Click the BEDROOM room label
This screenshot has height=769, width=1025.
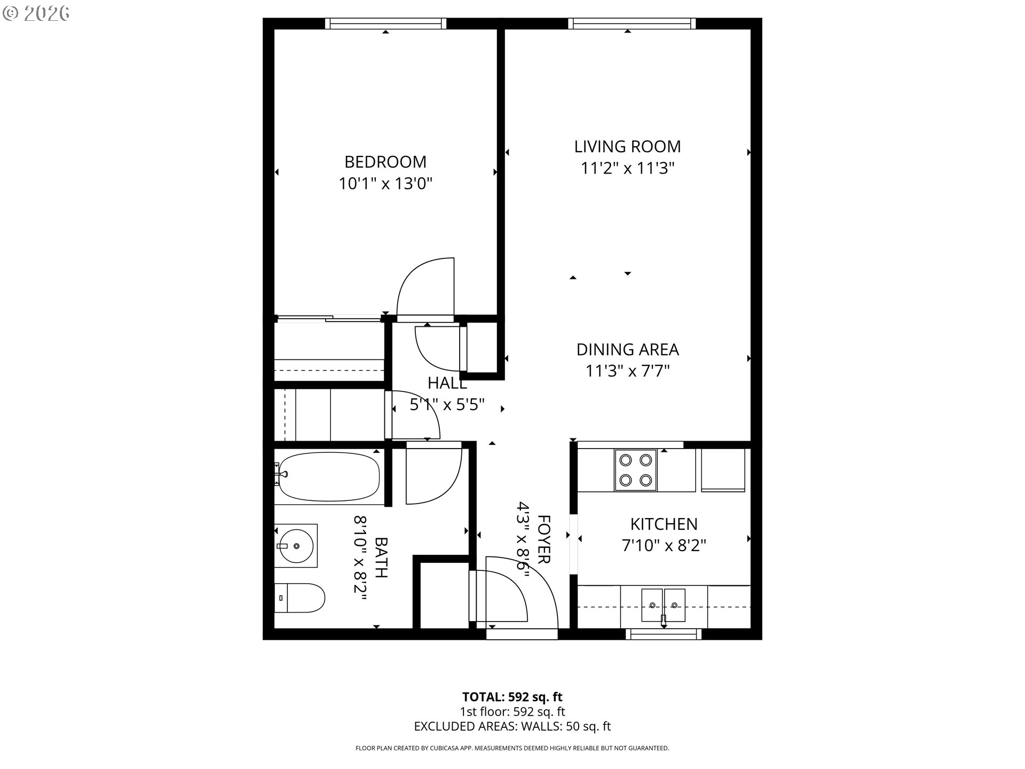click(x=385, y=162)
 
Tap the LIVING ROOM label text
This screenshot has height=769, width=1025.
click(x=627, y=146)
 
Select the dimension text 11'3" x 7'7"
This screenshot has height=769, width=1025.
click(x=627, y=371)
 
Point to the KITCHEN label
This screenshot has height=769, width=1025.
click(x=664, y=524)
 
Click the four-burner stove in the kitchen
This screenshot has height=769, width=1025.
click(x=636, y=470)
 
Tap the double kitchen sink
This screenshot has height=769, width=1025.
click(x=664, y=605)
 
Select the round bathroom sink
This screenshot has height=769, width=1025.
click(x=297, y=546)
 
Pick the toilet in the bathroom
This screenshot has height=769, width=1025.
click(x=301, y=598)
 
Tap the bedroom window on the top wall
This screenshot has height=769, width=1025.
click(x=385, y=23)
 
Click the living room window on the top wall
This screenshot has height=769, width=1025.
click(x=632, y=23)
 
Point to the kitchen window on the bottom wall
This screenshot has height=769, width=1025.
click(x=664, y=634)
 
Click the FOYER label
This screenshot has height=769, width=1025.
click(x=543, y=539)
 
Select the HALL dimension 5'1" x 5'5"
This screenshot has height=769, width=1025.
click(x=447, y=405)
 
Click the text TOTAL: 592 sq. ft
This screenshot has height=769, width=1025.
click(x=512, y=697)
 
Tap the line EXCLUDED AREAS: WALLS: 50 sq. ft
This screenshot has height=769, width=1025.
click(x=512, y=726)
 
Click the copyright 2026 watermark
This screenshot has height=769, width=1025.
click(x=36, y=13)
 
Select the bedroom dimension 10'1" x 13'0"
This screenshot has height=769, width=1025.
click(x=385, y=184)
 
